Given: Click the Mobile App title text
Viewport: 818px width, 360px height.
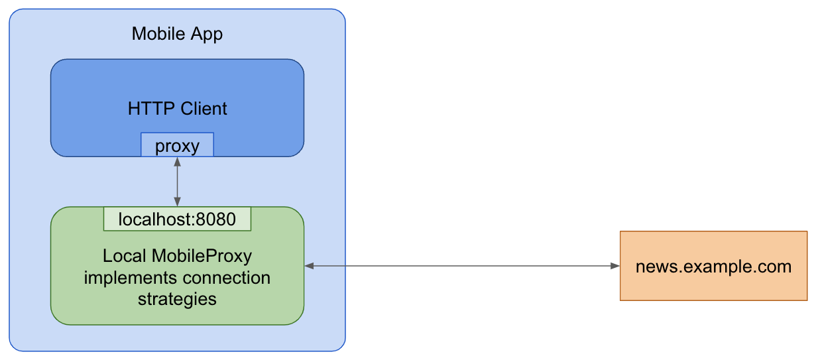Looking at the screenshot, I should click(x=177, y=34).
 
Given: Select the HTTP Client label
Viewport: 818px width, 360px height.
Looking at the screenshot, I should click(x=177, y=109).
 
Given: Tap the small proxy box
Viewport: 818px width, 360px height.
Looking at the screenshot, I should click(x=177, y=145).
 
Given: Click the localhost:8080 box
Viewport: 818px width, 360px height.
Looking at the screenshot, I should click(x=177, y=219).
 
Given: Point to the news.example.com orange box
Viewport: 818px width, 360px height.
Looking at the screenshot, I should click(x=713, y=267).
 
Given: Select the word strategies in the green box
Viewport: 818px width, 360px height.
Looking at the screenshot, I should click(x=177, y=299).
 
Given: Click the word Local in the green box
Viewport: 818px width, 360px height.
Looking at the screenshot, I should click(x=125, y=255).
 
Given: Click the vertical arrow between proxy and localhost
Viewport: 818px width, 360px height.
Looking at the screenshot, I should click(x=177, y=182).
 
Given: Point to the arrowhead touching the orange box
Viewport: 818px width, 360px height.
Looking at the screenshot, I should click(x=614, y=267).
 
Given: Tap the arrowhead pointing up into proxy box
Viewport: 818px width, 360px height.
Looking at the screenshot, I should click(x=177, y=161).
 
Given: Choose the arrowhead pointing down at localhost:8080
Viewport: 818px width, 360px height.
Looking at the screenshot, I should click(x=177, y=202).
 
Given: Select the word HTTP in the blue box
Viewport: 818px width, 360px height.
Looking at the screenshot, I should click(x=147, y=109).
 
